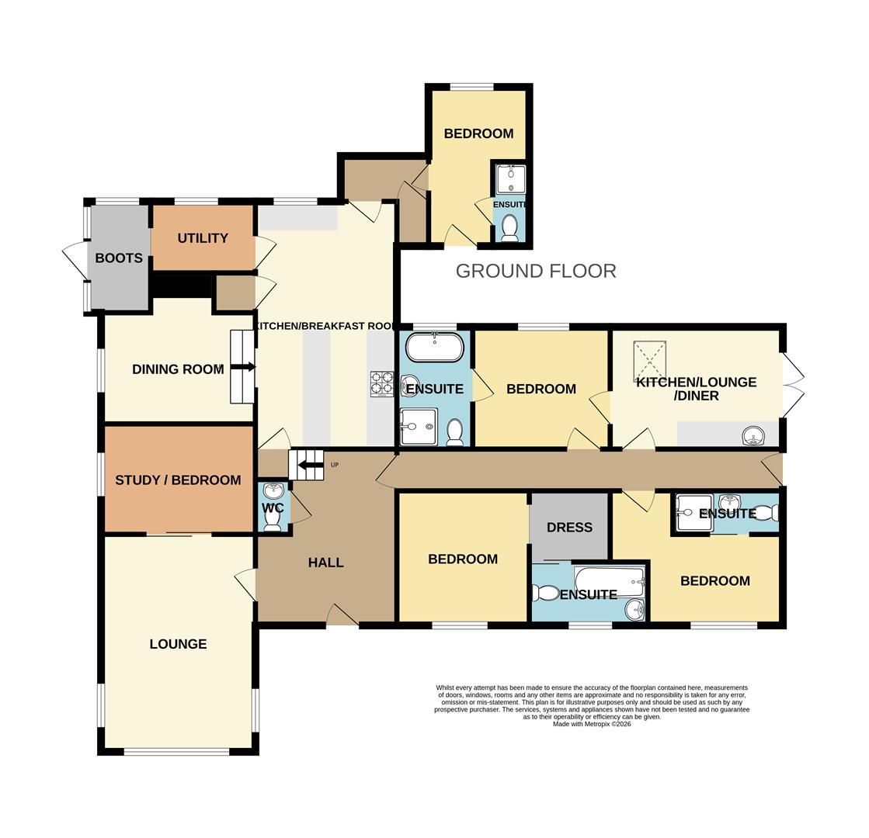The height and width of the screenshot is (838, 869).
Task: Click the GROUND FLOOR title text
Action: pos(535,271)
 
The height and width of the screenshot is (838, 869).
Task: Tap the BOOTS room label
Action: pos(119,258)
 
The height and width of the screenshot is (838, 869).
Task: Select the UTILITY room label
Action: pos(203,238)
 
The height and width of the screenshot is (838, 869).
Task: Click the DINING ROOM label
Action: pos(178,369)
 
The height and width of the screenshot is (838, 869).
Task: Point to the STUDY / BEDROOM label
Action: pos(178,480)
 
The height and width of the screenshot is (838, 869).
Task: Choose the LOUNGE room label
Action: pos(178,644)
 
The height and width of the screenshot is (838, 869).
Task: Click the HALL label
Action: pos(325,563)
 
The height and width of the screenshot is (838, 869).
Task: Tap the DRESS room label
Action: pos(569,528)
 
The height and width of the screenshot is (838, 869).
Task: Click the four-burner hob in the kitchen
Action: pos(381,384)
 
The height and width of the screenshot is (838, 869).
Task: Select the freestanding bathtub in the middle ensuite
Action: pos(435,347)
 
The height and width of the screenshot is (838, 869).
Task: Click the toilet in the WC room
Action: pos(273,521)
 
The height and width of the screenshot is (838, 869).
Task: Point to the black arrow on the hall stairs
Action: pos(311,465)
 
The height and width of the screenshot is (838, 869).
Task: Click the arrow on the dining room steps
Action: pos(242,367)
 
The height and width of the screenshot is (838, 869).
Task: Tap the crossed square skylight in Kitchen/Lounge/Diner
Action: pos(650,357)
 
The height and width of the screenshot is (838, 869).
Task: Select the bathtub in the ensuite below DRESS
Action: pos(609,580)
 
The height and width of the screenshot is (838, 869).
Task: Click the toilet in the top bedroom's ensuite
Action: pos(509,227)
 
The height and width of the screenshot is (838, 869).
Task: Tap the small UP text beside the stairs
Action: pos(335,466)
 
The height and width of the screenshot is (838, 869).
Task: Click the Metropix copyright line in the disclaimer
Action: pos(592,724)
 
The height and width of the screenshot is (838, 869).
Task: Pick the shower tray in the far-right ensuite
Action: pos(693,512)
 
